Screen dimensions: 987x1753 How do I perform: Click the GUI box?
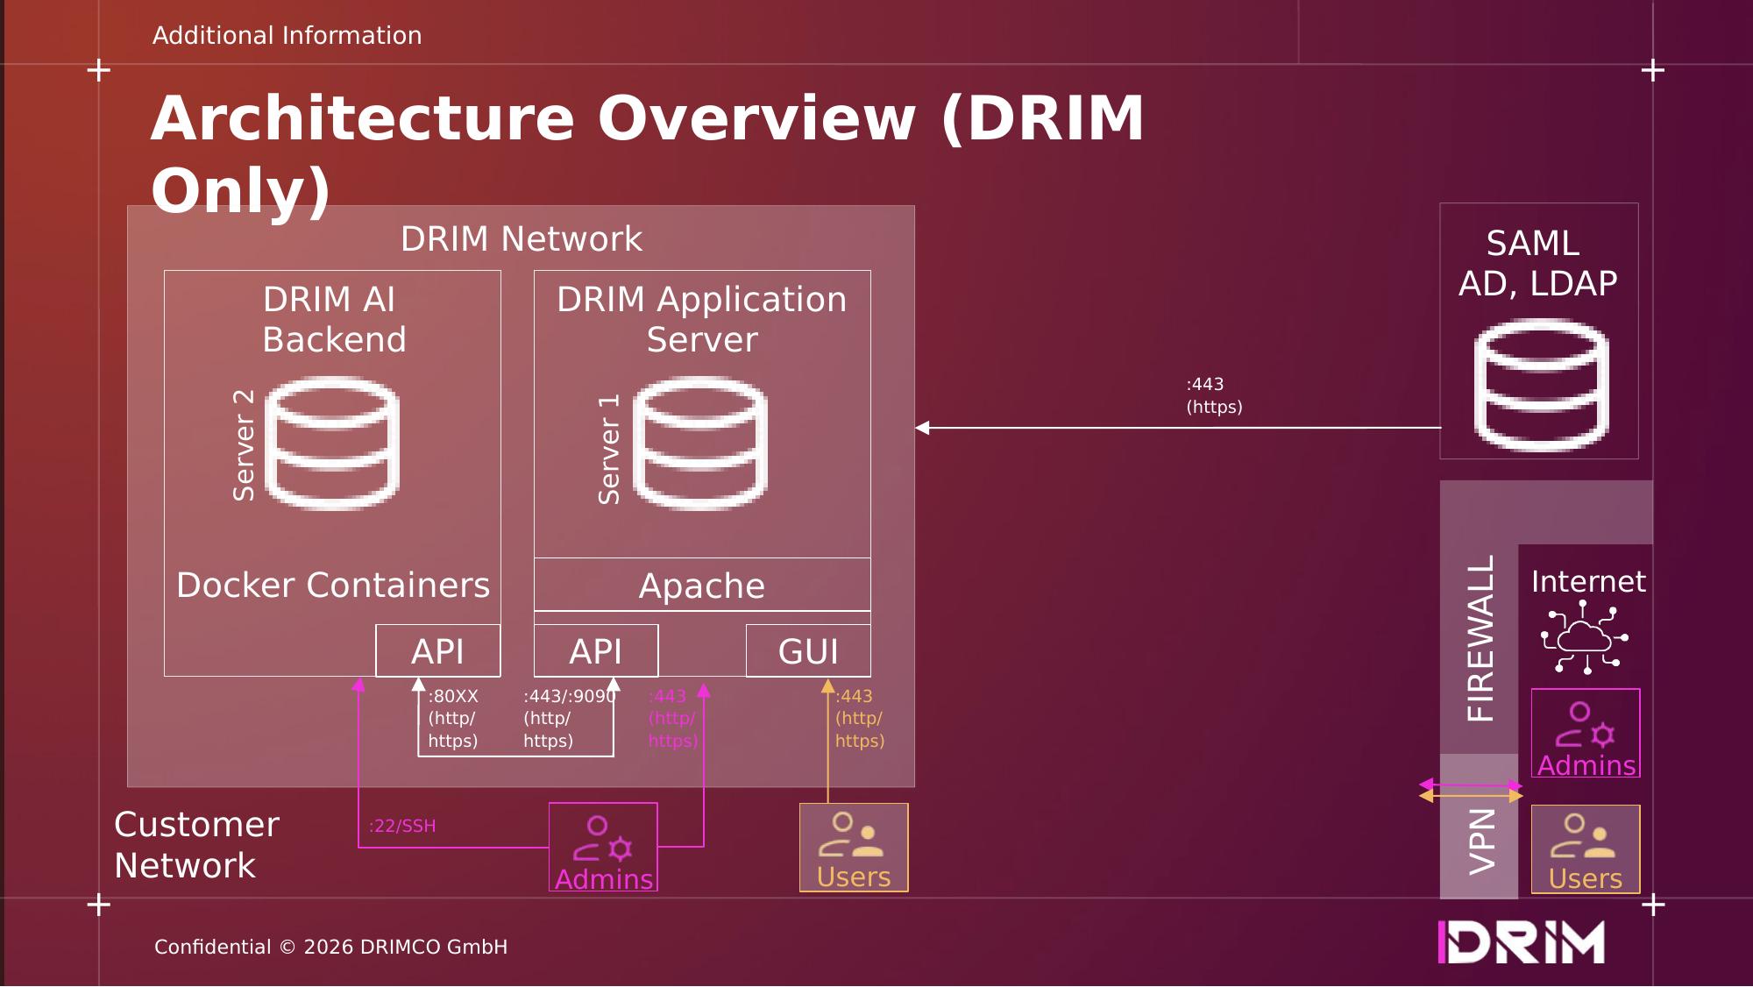[x=808, y=651]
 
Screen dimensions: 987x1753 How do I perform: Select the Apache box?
[x=702, y=585]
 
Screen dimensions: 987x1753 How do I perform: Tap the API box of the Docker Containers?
[x=437, y=651]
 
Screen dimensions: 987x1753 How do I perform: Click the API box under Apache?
[x=596, y=651]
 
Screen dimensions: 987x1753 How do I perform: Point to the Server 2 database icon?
[x=332, y=443]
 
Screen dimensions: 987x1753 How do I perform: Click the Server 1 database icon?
[x=700, y=443]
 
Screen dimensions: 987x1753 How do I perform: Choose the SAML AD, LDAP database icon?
[x=1541, y=385]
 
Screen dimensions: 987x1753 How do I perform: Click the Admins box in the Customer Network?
[x=603, y=847]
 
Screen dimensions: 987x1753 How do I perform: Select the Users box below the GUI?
[x=854, y=848]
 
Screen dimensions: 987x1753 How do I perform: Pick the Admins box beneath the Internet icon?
[x=1586, y=733]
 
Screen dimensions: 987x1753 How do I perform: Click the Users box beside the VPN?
[x=1586, y=849]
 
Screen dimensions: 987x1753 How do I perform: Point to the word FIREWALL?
[x=1480, y=638]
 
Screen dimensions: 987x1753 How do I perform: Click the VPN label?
[x=1480, y=841]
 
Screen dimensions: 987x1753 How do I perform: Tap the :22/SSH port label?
[x=402, y=826]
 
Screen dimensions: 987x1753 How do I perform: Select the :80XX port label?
[x=453, y=697]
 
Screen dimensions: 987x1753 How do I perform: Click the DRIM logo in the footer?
[x=1522, y=942]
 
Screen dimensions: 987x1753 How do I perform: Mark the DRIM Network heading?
[x=521, y=239]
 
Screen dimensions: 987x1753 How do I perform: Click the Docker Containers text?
[x=333, y=585]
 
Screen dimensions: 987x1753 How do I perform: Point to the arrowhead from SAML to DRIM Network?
[x=922, y=428]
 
